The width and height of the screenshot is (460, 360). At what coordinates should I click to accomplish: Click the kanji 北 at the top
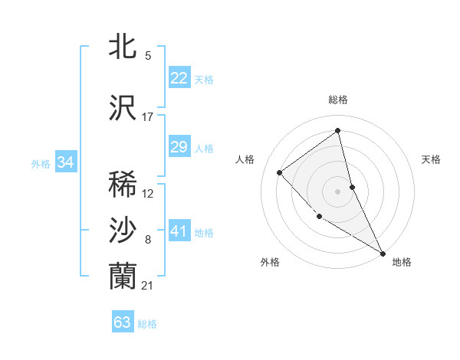point(123,46)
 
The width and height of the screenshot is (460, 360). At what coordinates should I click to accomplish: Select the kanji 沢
point(123,108)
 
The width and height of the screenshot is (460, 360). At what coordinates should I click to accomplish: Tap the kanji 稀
point(123,184)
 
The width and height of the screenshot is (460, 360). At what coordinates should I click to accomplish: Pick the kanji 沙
point(123,231)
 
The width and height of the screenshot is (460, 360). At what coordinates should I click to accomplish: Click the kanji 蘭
point(123,276)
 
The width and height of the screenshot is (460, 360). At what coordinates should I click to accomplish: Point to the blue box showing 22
point(179,77)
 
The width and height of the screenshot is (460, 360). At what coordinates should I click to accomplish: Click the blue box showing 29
point(179,147)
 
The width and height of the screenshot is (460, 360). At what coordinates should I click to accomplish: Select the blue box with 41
point(179,231)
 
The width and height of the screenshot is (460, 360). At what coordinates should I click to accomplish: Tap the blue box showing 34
point(65,162)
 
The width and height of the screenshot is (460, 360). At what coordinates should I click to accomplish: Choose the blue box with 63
point(123,322)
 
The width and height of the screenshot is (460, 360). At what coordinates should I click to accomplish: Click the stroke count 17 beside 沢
point(148,117)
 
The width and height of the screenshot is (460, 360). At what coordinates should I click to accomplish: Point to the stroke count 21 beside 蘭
point(148,286)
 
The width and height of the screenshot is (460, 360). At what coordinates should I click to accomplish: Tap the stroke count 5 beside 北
point(148,56)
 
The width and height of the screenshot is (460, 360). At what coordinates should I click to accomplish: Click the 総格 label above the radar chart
point(337,100)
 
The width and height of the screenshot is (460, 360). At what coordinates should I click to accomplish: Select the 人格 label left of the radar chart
point(245,159)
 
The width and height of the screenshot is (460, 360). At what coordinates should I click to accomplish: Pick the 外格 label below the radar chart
point(270,262)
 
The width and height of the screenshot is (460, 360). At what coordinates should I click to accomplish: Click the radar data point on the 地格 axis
point(383,254)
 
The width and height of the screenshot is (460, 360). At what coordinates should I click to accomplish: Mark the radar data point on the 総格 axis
point(337,131)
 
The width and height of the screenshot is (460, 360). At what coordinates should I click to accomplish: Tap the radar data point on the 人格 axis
point(280,172)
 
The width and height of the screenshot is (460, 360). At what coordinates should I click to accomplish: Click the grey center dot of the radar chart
point(337,191)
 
